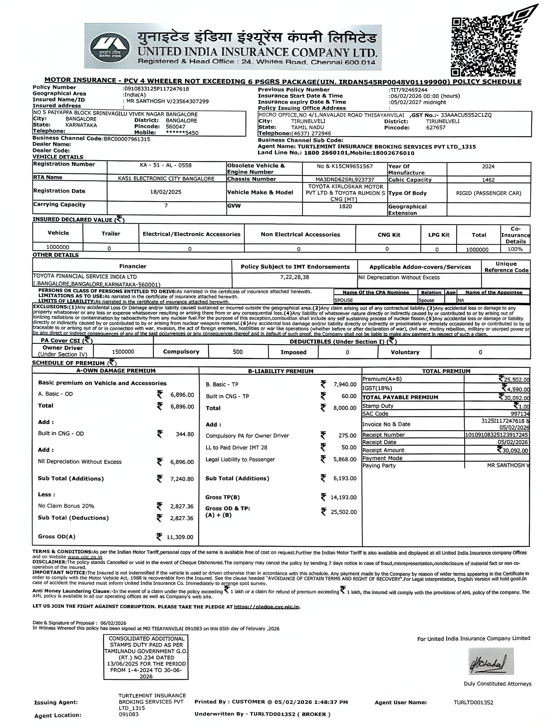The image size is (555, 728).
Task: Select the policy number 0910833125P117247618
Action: click(x=157, y=89)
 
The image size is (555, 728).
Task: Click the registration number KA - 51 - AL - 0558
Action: click(x=166, y=165)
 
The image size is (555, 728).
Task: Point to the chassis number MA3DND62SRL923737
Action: click(x=345, y=179)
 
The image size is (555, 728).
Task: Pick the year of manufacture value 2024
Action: click(x=488, y=167)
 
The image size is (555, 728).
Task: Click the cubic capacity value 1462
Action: click(x=488, y=180)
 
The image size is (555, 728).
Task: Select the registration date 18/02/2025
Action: click(x=166, y=192)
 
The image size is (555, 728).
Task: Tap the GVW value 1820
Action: click(x=345, y=206)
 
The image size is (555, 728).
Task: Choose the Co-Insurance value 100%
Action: click(x=515, y=249)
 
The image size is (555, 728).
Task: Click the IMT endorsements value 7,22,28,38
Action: click(x=294, y=277)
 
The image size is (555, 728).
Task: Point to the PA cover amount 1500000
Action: click(x=123, y=352)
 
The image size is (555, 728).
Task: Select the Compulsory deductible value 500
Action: click(x=238, y=352)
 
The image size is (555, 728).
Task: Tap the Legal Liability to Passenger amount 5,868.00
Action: click(x=344, y=460)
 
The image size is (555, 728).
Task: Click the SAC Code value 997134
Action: click(x=520, y=414)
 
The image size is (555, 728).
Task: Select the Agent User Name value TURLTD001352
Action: click(x=473, y=702)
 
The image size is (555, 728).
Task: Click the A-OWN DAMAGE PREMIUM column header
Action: click(x=116, y=371)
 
